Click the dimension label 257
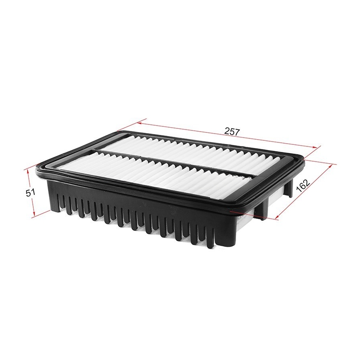coord(232,132)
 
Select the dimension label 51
coord(30,192)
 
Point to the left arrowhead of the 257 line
coord(140,123)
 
